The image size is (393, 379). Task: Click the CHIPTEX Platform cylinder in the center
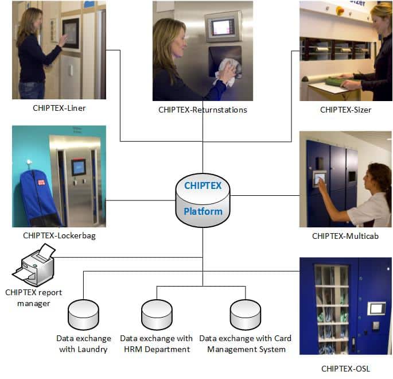pyautogui.click(x=203, y=199)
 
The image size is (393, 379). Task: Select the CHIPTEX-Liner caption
pyautogui.click(x=59, y=107)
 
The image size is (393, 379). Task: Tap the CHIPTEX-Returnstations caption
pyautogui.click(x=203, y=109)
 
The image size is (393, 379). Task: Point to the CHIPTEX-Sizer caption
pyautogui.click(x=345, y=109)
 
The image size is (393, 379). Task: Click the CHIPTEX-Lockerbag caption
pyautogui.click(x=59, y=235)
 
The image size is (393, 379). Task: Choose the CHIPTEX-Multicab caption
pyautogui.click(x=345, y=235)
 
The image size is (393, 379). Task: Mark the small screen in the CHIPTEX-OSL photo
pyautogui.click(x=376, y=308)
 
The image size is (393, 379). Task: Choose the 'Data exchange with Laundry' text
pyautogui.click(x=83, y=343)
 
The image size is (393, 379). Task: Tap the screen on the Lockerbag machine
pyautogui.click(x=78, y=167)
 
